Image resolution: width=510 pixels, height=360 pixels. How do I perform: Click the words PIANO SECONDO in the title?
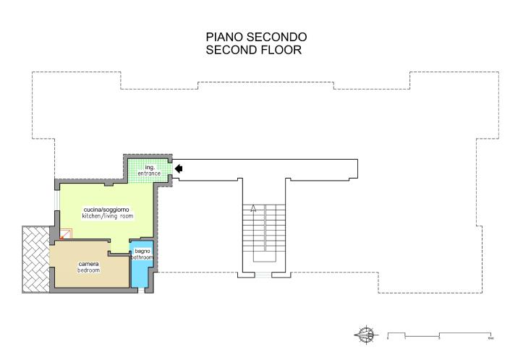coord(257,37)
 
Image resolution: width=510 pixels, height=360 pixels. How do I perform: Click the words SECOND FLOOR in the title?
coord(253,51)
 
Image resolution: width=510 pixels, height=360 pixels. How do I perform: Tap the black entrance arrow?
coord(179,169)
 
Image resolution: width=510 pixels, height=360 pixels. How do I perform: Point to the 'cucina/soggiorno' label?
coord(106,209)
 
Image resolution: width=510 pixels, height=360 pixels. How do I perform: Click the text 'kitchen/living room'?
coord(107,216)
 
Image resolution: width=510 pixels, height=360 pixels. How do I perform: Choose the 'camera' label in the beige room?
coord(89,264)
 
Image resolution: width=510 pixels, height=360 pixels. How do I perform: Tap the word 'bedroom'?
coord(89,270)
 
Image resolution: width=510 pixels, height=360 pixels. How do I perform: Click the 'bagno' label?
coord(142,251)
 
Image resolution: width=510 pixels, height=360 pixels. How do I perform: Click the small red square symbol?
coord(66,234)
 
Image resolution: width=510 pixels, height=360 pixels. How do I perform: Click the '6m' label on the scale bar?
coord(490,338)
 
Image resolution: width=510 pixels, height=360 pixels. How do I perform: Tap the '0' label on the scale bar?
coord(388,338)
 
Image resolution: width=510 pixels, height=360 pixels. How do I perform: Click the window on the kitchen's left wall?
coord(56,200)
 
